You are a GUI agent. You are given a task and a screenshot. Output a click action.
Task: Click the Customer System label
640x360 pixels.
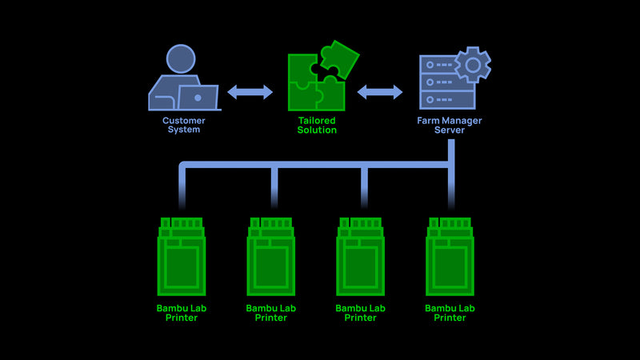(x=184, y=126)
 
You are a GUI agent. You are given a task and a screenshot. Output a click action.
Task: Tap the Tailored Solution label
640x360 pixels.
(x=317, y=126)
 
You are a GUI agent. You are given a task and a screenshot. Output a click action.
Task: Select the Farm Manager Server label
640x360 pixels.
(x=450, y=126)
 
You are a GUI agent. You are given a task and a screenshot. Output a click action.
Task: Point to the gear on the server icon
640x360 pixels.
(x=472, y=63)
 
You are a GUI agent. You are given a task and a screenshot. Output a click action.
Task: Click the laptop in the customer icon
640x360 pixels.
(x=198, y=98)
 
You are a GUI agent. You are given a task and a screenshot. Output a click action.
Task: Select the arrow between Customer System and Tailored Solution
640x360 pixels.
(x=250, y=92)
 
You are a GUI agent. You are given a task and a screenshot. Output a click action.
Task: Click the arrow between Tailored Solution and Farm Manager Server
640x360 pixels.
(x=380, y=92)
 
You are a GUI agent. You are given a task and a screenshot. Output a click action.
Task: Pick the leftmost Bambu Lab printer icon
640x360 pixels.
(x=182, y=256)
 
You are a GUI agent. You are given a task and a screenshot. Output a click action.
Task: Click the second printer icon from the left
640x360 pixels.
(x=271, y=256)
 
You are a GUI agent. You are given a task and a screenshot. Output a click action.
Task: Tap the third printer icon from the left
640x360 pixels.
(x=361, y=256)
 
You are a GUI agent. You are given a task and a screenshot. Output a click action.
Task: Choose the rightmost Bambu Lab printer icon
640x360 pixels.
(x=450, y=256)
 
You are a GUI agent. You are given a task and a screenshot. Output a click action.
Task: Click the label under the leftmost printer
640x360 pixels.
(x=182, y=313)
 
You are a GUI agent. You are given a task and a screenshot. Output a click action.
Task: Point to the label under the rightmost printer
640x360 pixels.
(x=450, y=313)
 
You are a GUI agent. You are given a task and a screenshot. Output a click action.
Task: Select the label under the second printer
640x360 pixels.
(x=271, y=313)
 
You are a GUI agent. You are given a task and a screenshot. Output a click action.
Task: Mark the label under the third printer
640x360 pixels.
(x=361, y=313)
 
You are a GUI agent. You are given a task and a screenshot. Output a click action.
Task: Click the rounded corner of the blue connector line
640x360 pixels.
(x=183, y=166)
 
